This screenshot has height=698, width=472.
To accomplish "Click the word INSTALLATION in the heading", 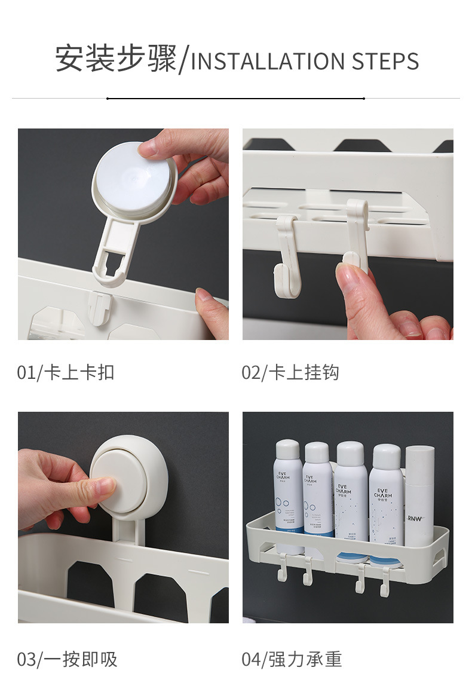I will point(268,62).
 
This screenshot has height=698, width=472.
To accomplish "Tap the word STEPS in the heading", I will point(385,62).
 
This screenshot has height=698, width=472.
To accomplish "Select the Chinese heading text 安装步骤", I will point(116,60).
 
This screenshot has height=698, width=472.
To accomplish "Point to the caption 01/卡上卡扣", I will point(65,373).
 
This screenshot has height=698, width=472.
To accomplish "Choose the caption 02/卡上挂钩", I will point(290,373).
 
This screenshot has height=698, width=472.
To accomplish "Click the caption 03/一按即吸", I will point(67,660).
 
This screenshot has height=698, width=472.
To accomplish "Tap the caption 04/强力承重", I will point(292,660).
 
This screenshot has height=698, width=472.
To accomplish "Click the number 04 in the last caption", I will point(251,660).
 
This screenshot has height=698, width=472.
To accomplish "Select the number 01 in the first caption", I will point(26,373).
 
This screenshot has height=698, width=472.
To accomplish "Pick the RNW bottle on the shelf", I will point(419,496).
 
